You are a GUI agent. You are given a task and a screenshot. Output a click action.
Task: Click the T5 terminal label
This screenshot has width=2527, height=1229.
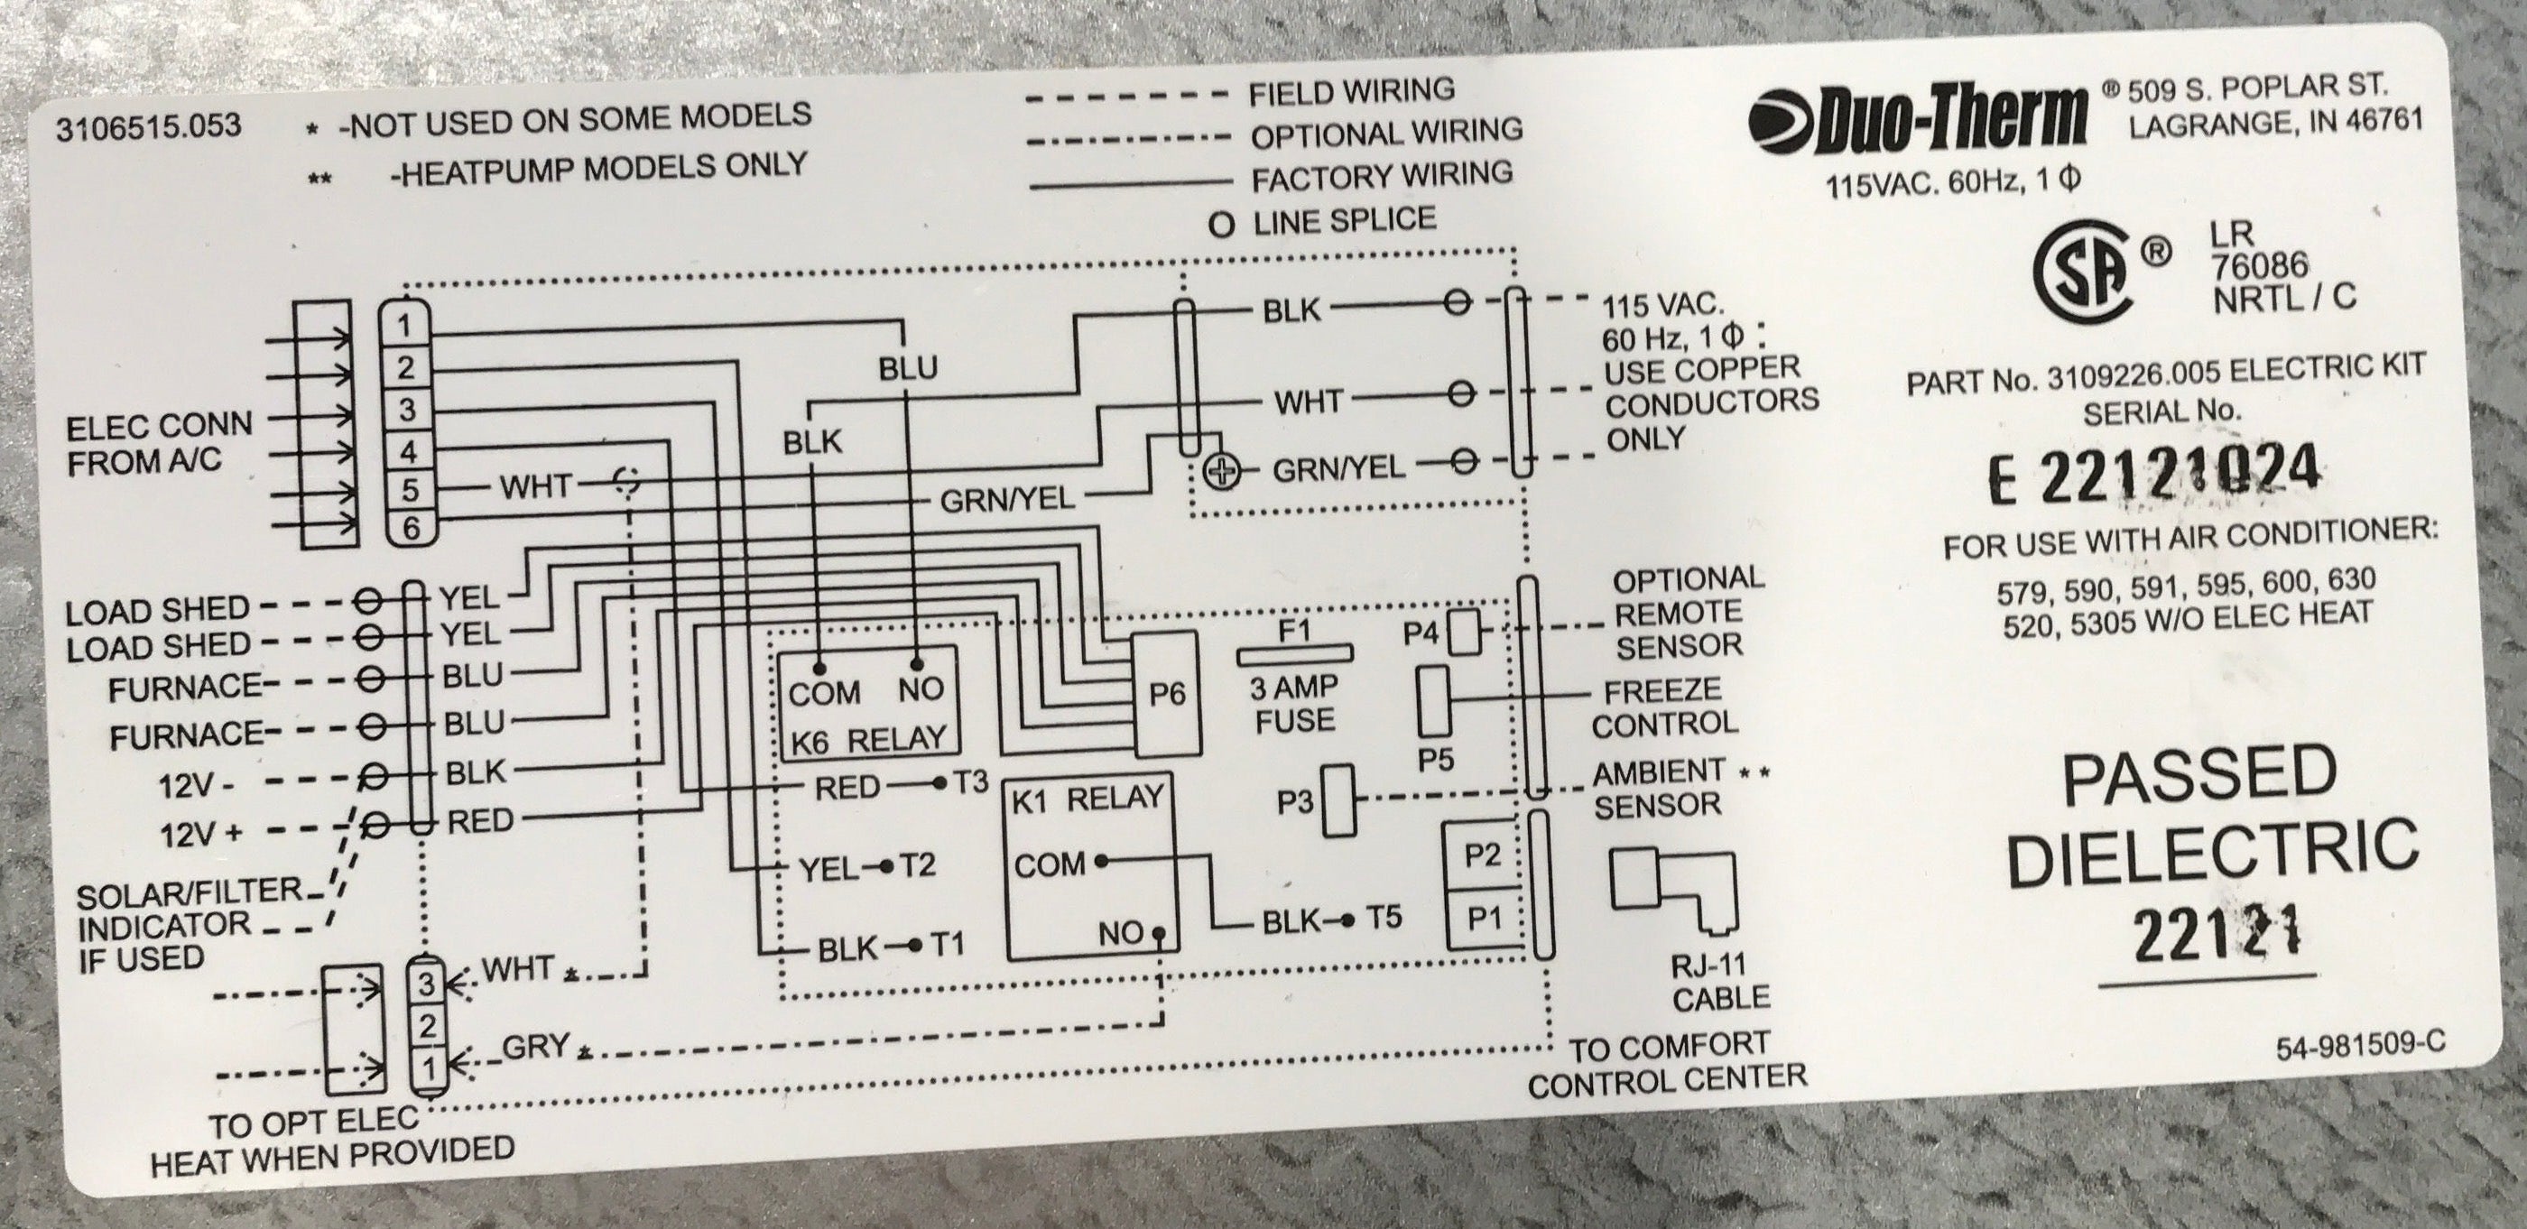1384,918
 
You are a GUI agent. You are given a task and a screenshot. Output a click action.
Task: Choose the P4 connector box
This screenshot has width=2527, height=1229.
1464,633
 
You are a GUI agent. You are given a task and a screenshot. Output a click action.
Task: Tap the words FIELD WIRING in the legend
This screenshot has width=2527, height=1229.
1351,92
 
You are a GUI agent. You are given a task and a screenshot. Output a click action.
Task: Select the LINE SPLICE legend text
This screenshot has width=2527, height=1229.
1343,219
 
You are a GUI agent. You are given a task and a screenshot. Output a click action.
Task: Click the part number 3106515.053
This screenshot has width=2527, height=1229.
148,127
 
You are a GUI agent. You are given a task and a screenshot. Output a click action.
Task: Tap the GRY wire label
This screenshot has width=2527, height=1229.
534,1047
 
